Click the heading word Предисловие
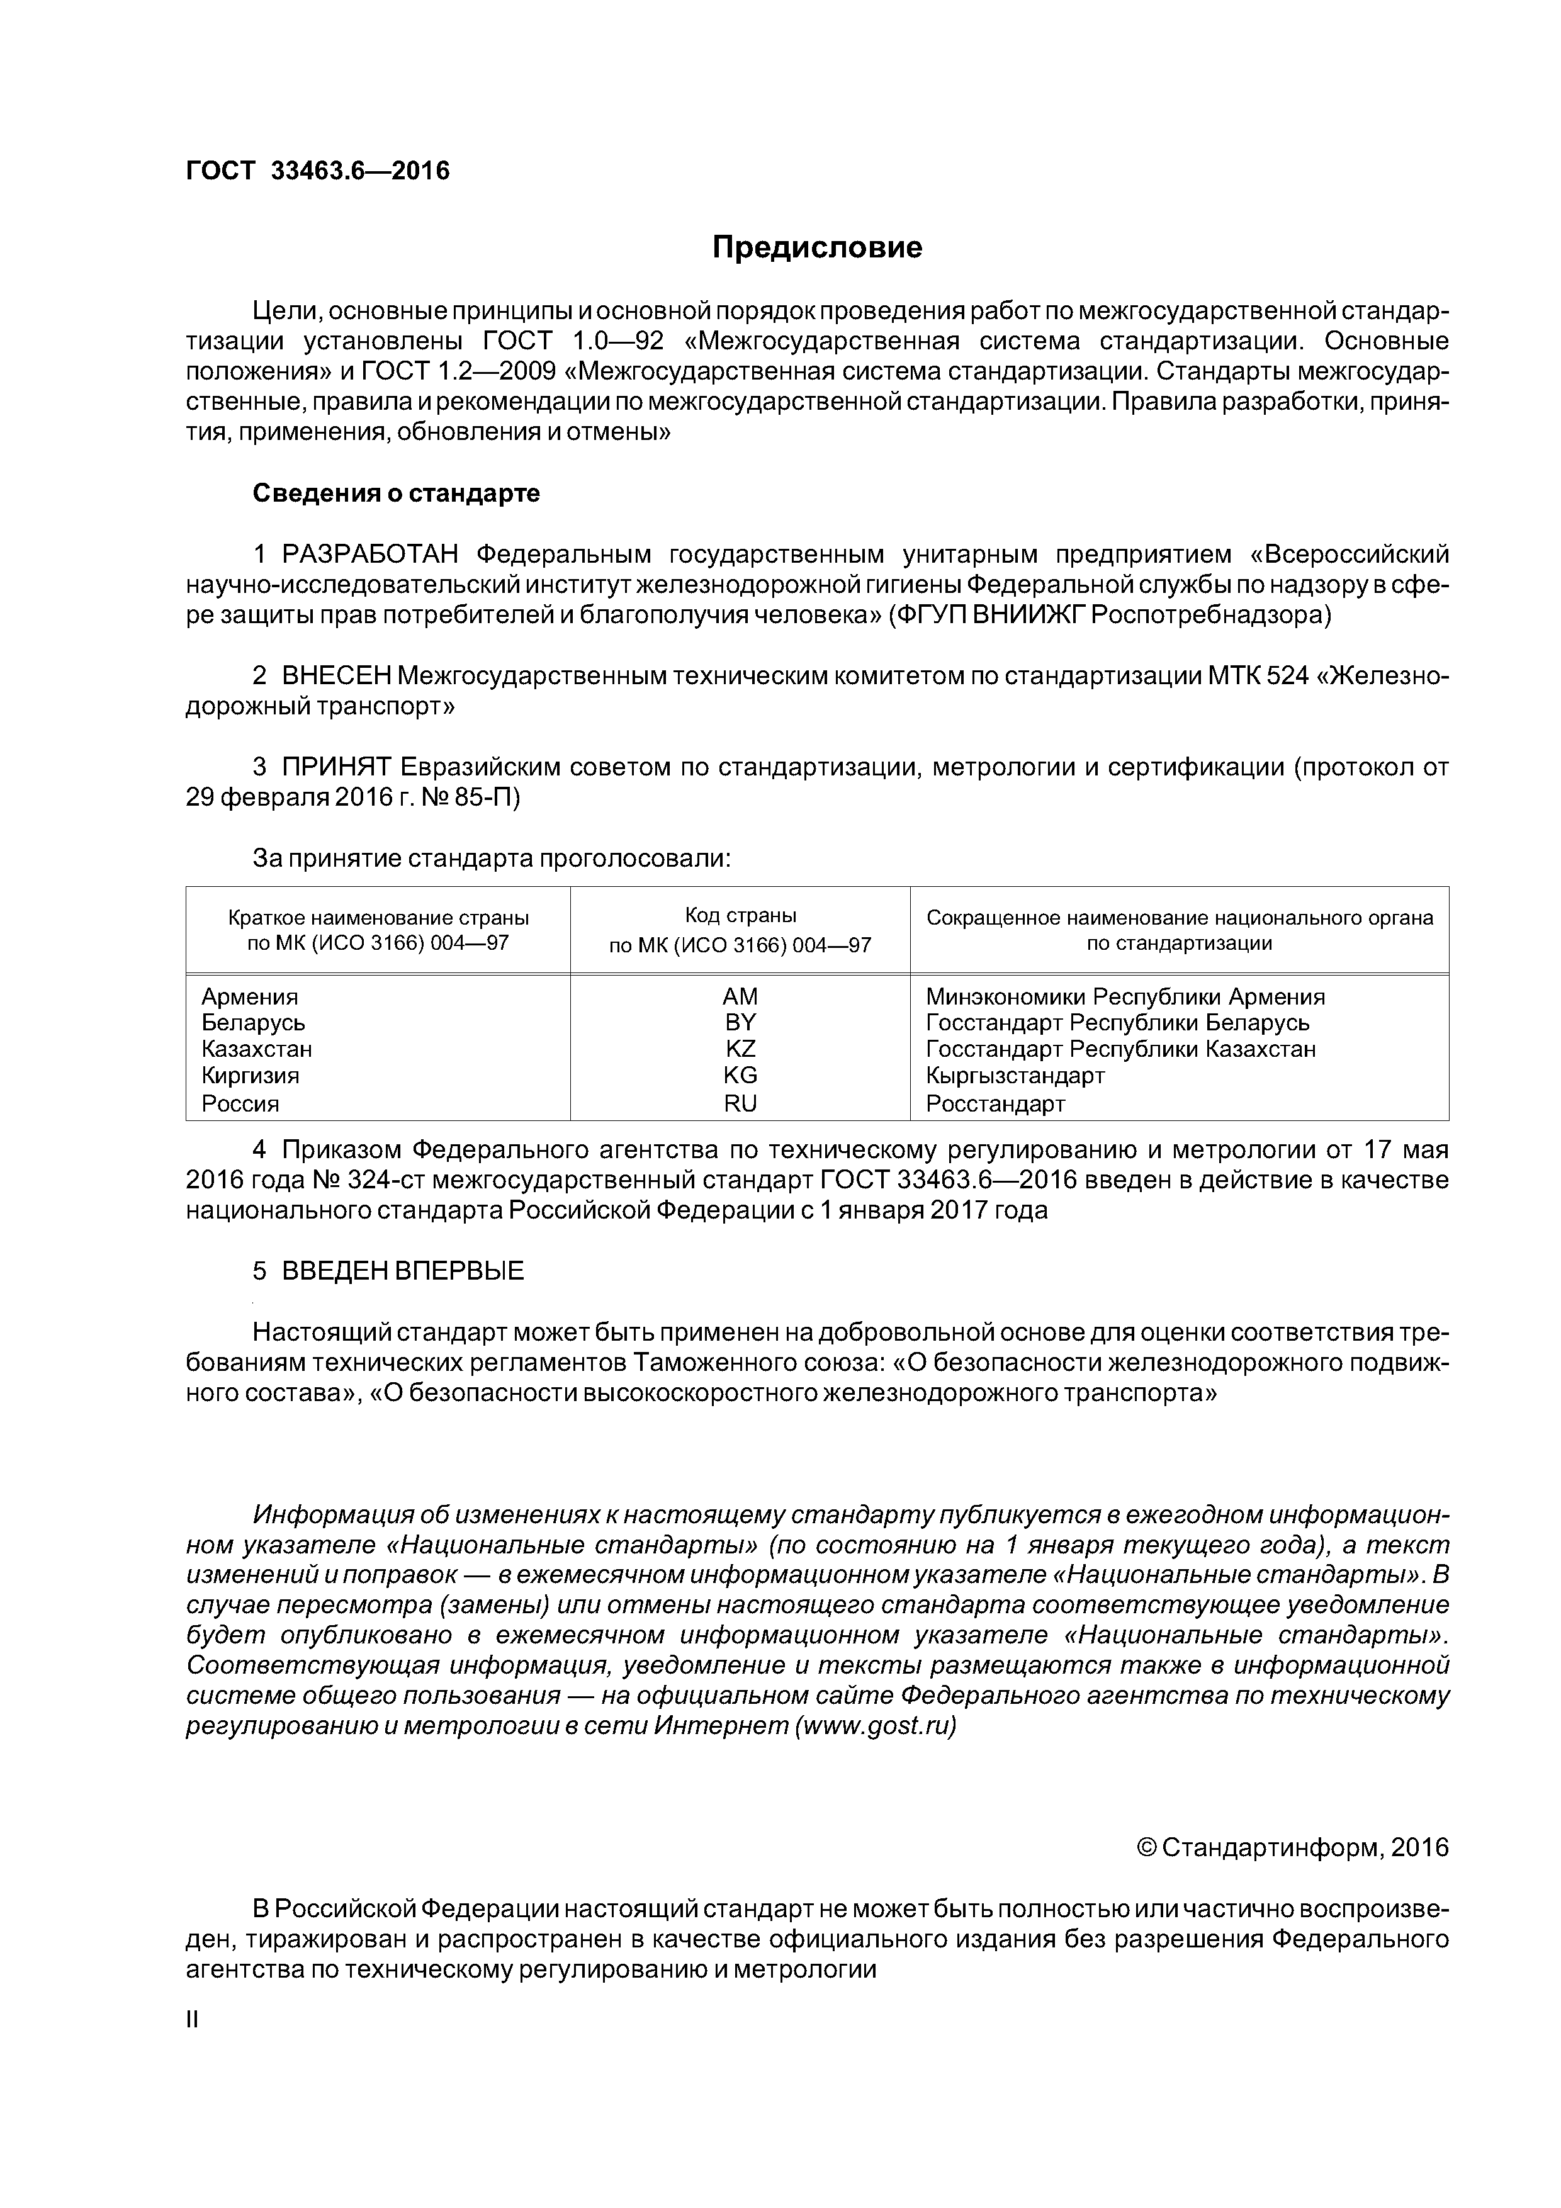click(816, 248)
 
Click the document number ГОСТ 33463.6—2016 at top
click(317, 171)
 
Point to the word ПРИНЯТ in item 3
click(337, 767)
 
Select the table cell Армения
click(249, 996)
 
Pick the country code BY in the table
click(740, 1022)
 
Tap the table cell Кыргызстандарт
click(1015, 1075)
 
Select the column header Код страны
click(740, 916)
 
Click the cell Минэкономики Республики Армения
click(1124, 996)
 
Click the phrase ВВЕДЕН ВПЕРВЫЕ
click(402, 1270)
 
